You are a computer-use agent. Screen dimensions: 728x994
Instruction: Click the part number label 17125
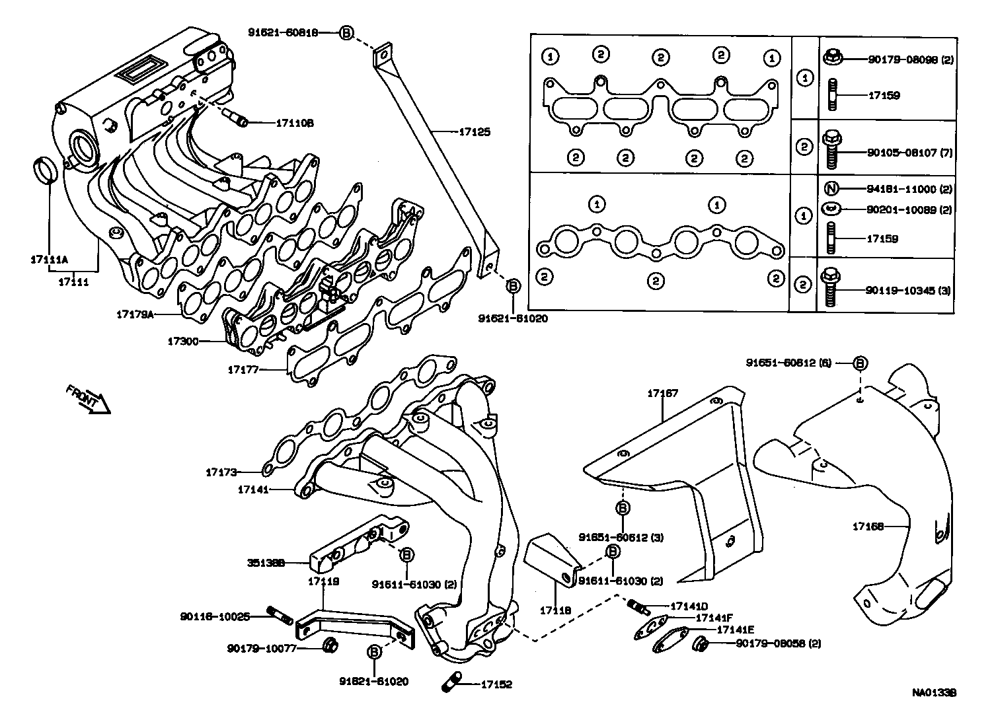[x=475, y=132]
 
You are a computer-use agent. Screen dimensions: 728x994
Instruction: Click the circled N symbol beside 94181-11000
[x=832, y=189]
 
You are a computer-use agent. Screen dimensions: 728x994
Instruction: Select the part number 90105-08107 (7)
[x=909, y=153]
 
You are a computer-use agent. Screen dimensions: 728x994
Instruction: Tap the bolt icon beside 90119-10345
[x=831, y=289]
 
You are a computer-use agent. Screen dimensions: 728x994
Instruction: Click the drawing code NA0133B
[x=935, y=693]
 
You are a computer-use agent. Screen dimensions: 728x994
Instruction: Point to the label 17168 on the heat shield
[x=868, y=527]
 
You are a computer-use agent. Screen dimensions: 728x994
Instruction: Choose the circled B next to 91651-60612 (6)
[x=860, y=363]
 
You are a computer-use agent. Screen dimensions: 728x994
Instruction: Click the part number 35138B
[x=266, y=564]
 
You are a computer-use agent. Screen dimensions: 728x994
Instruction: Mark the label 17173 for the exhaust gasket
[x=221, y=472]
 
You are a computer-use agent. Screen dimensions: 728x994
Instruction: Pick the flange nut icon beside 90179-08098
[x=832, y=58]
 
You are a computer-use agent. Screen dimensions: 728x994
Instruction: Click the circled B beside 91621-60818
[x=347, y=32]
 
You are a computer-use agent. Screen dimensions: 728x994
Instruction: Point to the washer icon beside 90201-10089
[x=832, y=209]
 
